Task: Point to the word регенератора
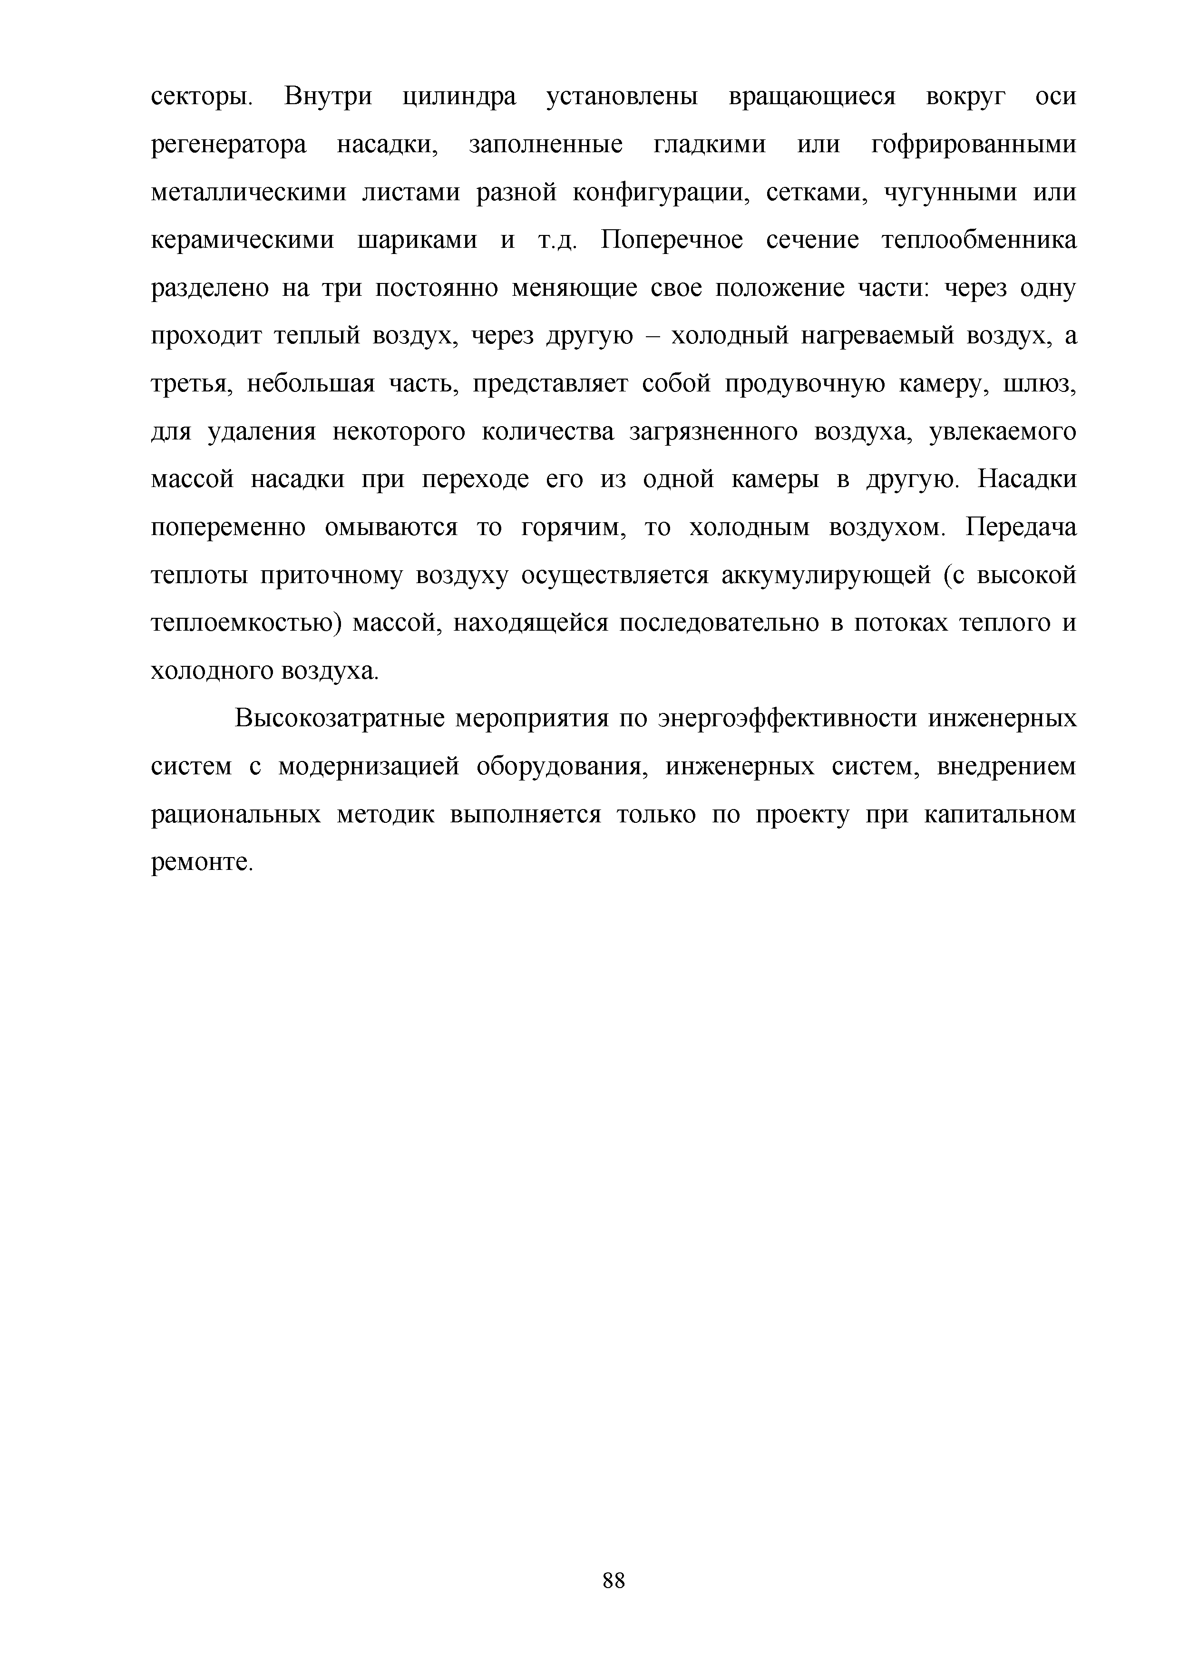(x=229, y=145)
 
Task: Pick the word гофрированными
(x=974, y=145)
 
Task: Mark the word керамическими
(x=243, y=241)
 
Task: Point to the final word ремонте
(x=201, y=863)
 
